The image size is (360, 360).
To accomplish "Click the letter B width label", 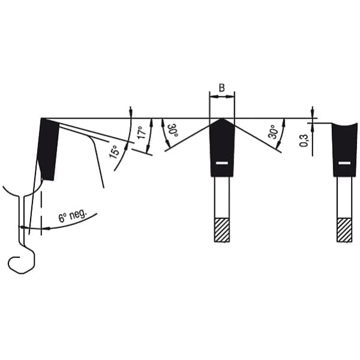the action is point(222,88).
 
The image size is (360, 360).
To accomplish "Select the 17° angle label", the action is point(142,132).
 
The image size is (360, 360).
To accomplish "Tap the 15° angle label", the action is point(115,152).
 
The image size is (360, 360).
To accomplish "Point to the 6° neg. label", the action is point(73,215).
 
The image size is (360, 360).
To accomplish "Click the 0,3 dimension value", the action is point(304,140).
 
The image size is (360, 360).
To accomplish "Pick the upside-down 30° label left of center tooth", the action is point(173,130).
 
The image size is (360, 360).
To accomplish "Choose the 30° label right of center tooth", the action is point(273,132).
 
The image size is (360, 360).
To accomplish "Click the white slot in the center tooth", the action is point(222,163).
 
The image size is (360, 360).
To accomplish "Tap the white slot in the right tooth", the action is point(344,163).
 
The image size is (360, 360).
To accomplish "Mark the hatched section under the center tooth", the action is point(222,230).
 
